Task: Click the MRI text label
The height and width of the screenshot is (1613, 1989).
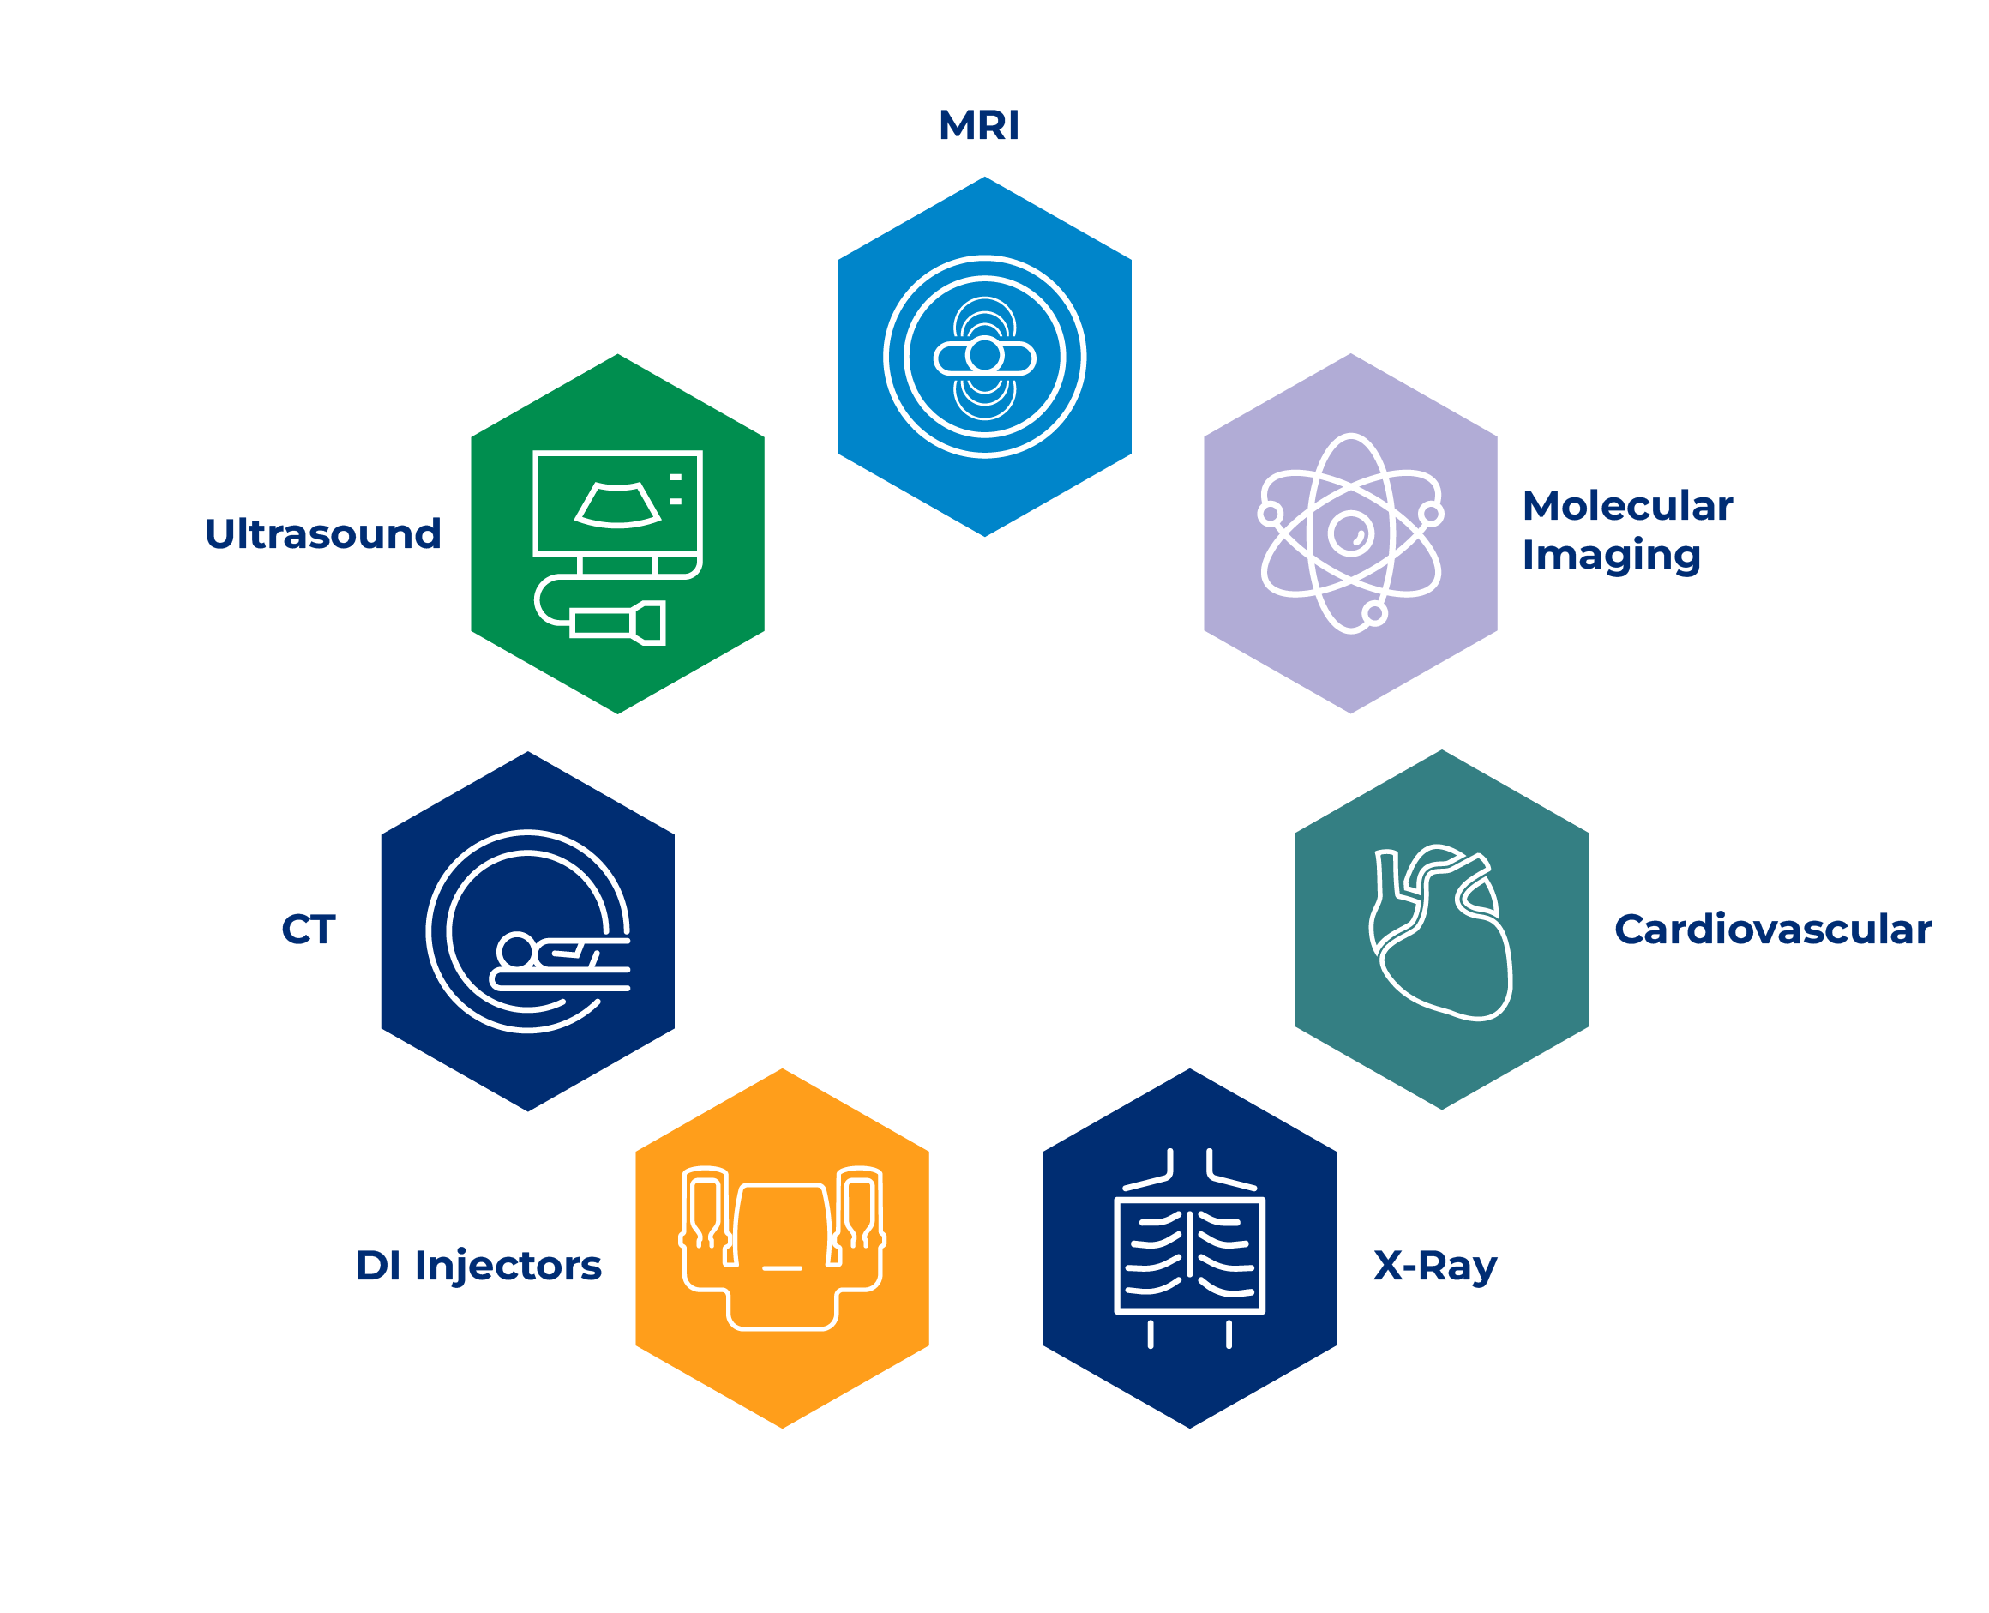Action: (978, 124)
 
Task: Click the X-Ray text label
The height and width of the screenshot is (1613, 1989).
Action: (1435, 1267)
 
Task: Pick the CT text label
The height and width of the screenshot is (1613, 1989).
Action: (308, 930)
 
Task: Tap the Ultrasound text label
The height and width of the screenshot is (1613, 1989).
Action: (322, 533)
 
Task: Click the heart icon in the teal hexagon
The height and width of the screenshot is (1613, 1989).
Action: (1440, 933)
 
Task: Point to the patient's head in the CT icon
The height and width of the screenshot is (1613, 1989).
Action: (515, 950)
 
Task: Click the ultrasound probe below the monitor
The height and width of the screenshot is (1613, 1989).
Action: (618, 623)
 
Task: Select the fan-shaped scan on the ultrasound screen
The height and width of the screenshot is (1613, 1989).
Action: (618, 504)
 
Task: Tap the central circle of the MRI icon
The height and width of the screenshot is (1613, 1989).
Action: (984, 355)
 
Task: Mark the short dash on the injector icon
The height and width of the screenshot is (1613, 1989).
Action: (782, 1268)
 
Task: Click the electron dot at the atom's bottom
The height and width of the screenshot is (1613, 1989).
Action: (1375, 613)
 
